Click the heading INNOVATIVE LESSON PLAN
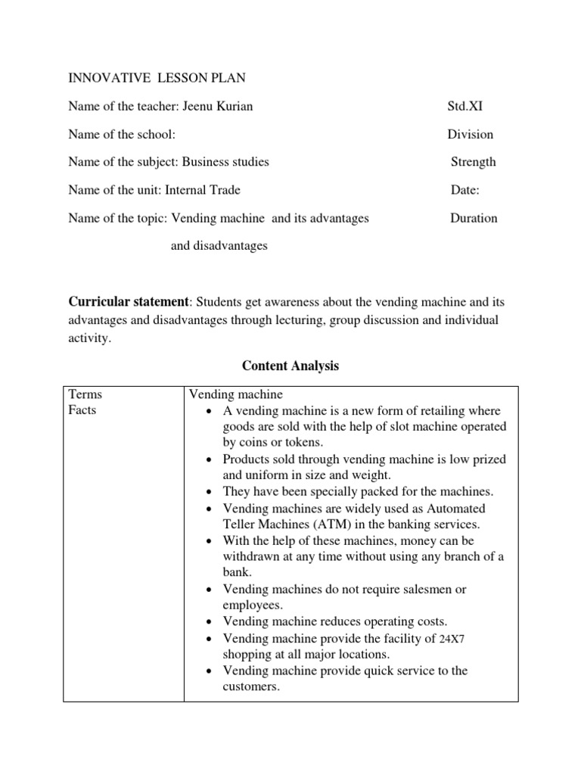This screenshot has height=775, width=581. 157,78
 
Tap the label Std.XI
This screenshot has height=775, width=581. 464,106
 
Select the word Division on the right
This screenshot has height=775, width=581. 470,134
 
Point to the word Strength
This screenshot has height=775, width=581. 474,162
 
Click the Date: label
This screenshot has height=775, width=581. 465,190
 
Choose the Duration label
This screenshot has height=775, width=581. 474,218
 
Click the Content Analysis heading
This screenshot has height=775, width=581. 290,366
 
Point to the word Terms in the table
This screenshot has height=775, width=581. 85,394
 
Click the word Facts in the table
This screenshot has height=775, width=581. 82,410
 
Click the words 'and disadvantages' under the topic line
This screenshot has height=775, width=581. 219,246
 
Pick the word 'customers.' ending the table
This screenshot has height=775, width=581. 252,686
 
